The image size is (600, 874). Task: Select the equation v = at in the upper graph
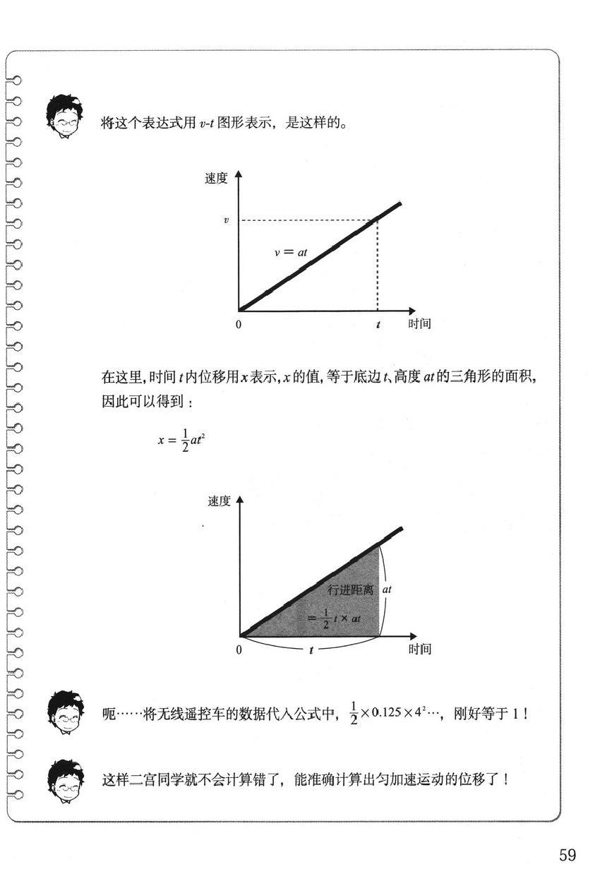pyautogui.click(x=291, y=251)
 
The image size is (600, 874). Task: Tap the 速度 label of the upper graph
pyautogui.click(x=216, y=179)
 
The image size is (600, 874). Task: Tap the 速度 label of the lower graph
pyautogui.click(x=219, y=501)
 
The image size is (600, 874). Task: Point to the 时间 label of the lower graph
pyautogui.click(x=419, y=649)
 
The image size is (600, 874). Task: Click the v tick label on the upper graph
pyautogui.click(x=226, y=220)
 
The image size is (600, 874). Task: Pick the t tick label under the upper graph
pyautogui.click(x=378, y=325)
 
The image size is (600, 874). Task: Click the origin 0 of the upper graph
pyautogui.click(x=239, y=324)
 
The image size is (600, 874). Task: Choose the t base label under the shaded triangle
pyautogui.click(x=311, y=649)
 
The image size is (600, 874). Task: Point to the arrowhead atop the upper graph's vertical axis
pyautogui.click(x=239, y=174)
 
